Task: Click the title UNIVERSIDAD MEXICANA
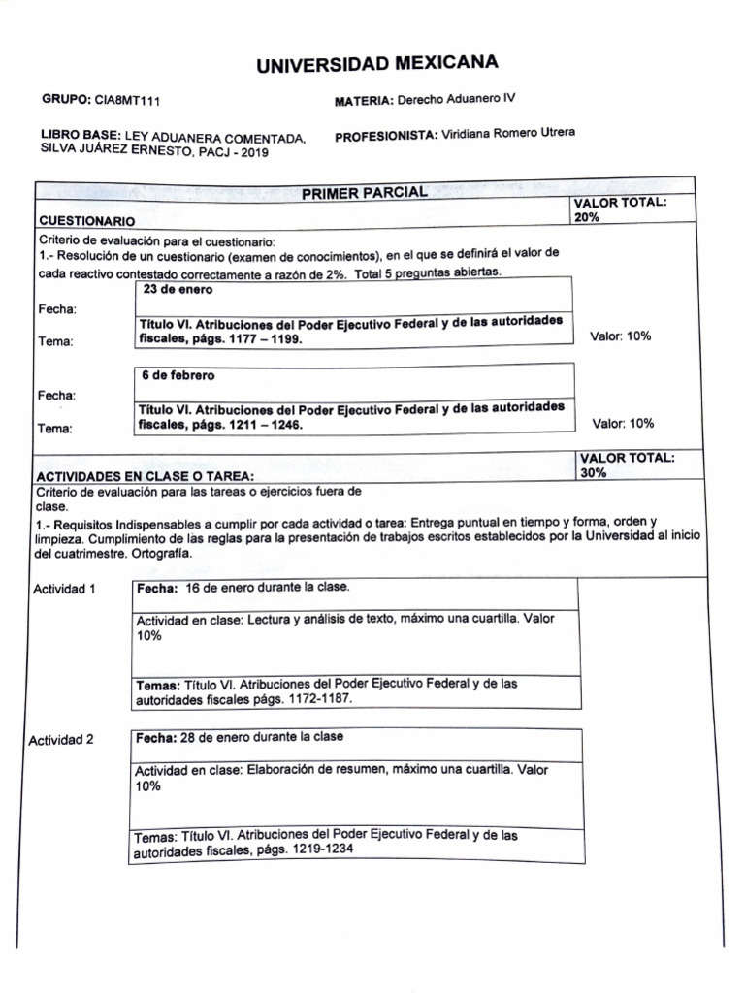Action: coord(377,65)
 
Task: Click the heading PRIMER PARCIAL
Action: coord(364,193)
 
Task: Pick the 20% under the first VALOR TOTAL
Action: coord(587,218)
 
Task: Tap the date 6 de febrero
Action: coord(178,375)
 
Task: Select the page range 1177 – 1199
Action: coord(263,340)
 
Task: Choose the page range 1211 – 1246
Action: coord(263,425)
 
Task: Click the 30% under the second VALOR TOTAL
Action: coord(593,473)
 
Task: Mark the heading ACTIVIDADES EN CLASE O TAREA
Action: coord(146,476)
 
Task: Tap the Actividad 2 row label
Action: coord(61,740)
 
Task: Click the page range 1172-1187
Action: coord(319,698)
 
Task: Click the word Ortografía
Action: coord(161,553)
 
